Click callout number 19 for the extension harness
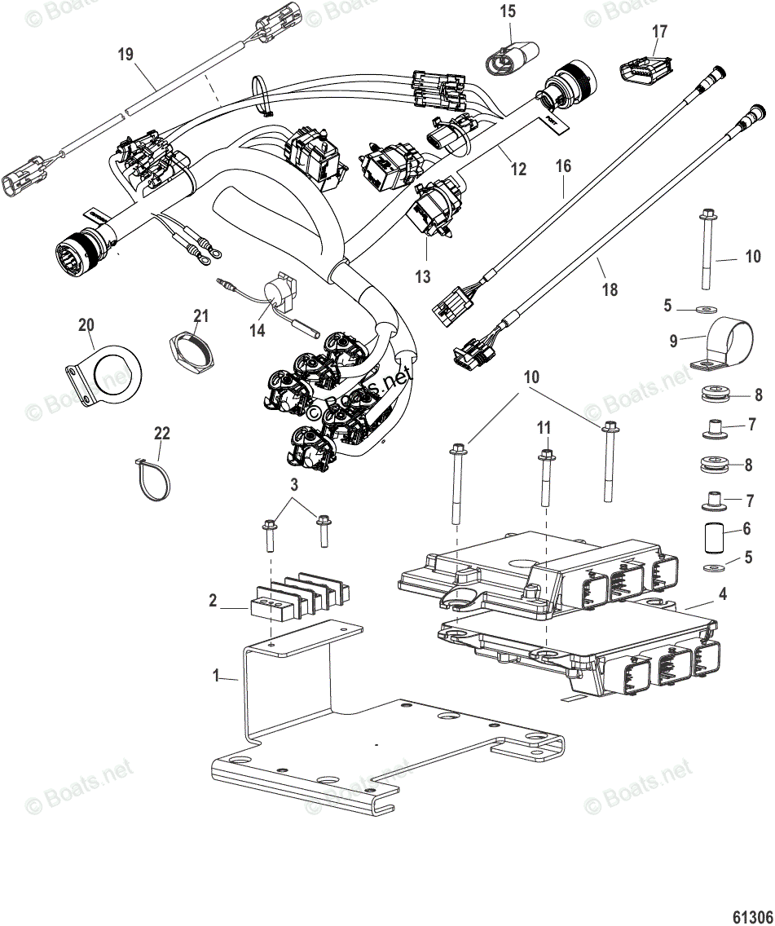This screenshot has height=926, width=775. point(125,55)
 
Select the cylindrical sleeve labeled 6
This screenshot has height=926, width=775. point(716,537)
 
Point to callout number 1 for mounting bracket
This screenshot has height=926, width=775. point(216,676)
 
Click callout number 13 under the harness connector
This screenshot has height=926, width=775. point(422,277)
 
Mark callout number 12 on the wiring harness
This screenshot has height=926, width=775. point(518,170)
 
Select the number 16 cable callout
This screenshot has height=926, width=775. point(564,166)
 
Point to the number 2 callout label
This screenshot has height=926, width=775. point(213,601)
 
